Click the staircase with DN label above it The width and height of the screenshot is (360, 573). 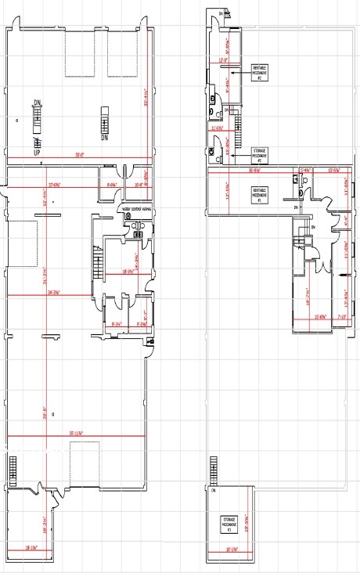click(35, 122)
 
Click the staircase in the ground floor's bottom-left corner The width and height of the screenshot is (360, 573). click(13, 470)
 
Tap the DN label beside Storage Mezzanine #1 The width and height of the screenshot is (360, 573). click(212, 490)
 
